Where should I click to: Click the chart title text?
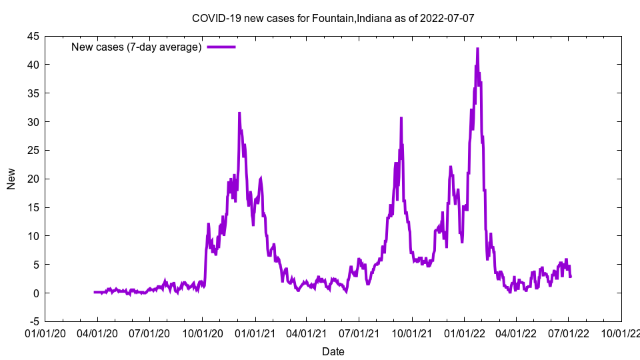(x=333, y=18)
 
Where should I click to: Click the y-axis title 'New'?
(x=11, y=179)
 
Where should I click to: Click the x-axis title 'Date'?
(x=333, y=351)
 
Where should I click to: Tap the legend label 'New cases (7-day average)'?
(x=137, y=47)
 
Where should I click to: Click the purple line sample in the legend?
(x=221, y=47)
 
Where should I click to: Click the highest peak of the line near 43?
(x=477, y=49)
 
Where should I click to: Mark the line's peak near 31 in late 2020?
(x=239, y=113)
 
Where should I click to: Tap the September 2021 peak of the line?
(x=401, y=118)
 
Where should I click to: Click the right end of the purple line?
(x=571, y=277)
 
